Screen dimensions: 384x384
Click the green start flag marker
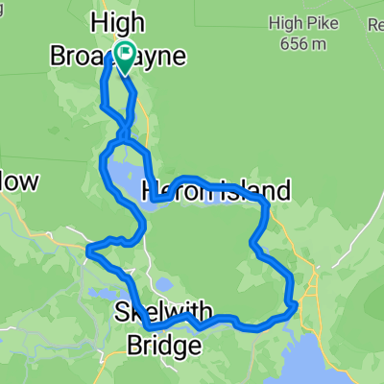[125, 54]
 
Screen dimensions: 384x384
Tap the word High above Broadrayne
[112, 22]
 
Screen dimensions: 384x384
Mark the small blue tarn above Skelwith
[164, 284]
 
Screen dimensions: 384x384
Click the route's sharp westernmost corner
[87, 252]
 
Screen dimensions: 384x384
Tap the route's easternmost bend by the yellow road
[294, 304]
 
